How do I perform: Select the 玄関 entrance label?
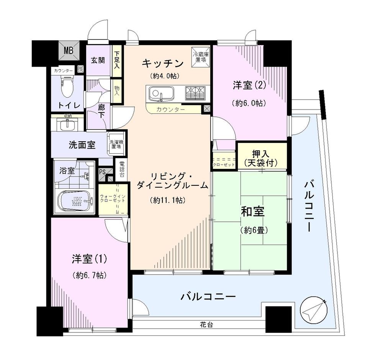pos(98,60)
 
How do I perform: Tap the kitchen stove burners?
pos(195,93)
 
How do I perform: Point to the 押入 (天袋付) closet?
pos(262,156)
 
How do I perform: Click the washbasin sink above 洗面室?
pos(67,124)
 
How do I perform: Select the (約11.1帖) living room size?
pos(169,200)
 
